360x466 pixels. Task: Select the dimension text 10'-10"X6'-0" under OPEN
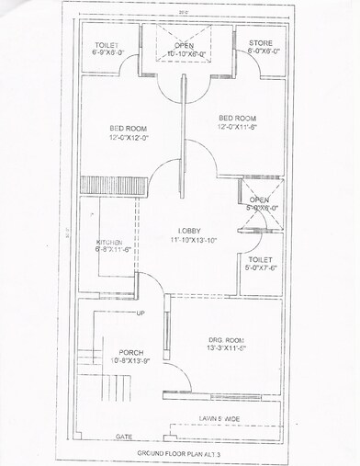click(x=185, y=53)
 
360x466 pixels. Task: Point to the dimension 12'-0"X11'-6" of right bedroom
click(x=238, y=128)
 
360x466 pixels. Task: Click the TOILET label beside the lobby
click(x=261, y=260)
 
